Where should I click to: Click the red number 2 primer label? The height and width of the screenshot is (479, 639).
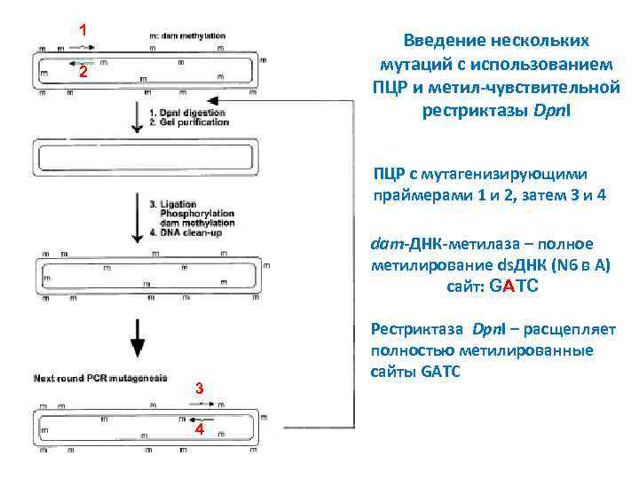(81, 73)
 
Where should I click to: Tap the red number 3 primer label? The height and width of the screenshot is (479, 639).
(200, 389)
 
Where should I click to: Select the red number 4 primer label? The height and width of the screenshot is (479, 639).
(200, 430)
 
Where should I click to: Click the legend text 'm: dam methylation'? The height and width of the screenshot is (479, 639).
(188, 35)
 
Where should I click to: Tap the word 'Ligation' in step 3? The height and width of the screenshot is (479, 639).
(178, 204)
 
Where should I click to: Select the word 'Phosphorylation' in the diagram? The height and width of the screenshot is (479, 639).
(197, 214)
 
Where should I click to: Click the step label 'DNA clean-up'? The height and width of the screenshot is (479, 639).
(190, 233)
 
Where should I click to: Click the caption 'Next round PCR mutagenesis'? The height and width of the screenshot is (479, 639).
(99, 379)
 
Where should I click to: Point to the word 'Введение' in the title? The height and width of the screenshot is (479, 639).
(444, 41)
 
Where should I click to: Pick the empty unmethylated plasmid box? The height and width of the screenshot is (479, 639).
(147, 158)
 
